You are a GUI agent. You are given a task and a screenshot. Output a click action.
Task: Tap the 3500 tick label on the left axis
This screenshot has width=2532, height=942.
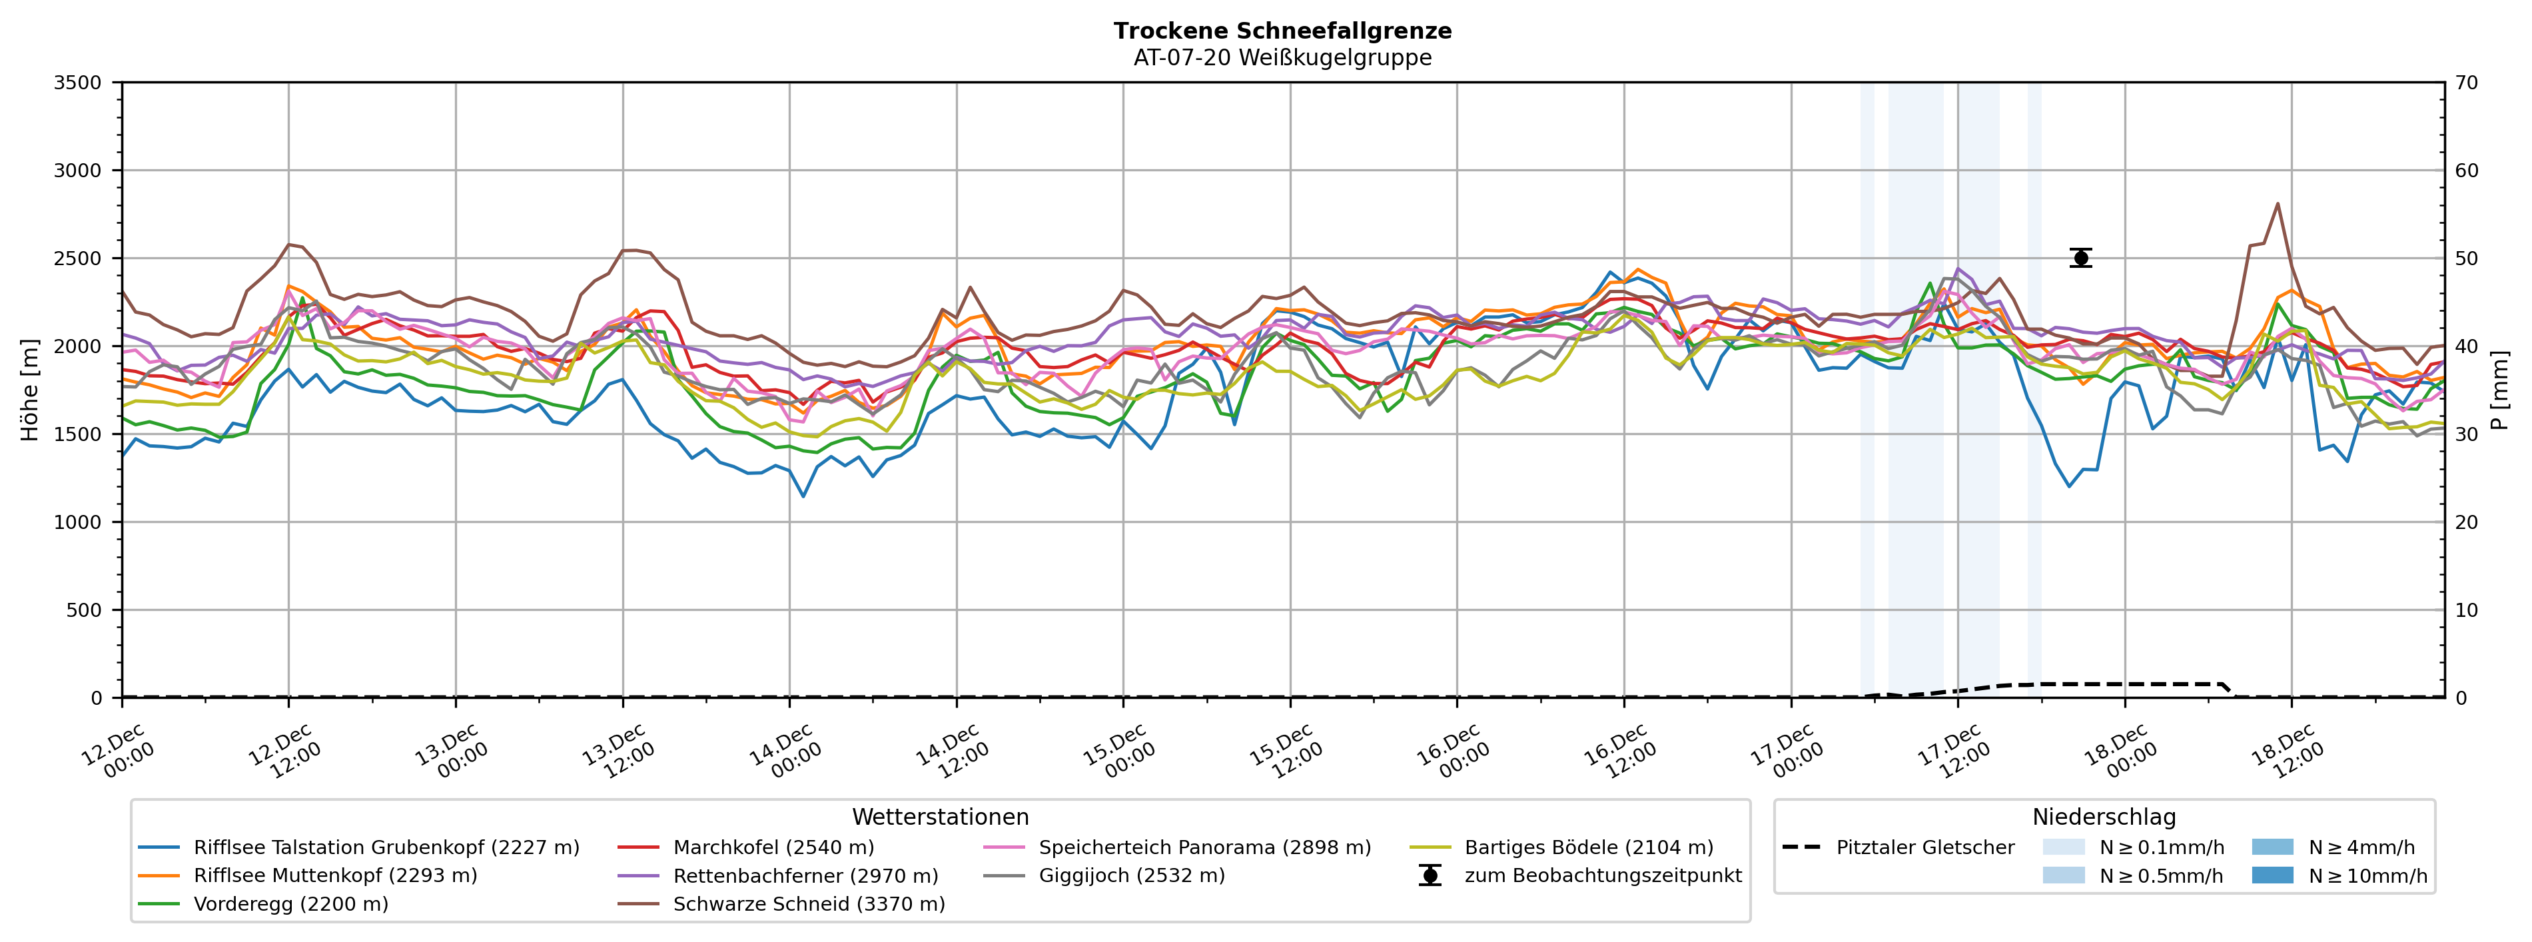click(77, 83)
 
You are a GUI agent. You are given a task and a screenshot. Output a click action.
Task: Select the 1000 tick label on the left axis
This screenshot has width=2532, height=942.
click(77, 522)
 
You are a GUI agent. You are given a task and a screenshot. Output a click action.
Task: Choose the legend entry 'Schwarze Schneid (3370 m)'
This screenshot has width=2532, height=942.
click(808, 903)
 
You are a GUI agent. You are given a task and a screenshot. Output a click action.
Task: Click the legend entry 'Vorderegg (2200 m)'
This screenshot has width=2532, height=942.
click(290, 903)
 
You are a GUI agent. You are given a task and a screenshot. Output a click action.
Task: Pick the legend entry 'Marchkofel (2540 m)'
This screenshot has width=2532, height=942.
click(773, 847)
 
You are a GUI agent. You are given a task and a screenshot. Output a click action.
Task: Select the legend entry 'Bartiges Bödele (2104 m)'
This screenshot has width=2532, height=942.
click(1588, 847)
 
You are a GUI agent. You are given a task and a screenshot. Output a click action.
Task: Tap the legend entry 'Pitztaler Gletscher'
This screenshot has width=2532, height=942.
click(1924, 847)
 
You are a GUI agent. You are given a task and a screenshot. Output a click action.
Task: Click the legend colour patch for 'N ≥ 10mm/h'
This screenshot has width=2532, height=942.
click(2272, 875)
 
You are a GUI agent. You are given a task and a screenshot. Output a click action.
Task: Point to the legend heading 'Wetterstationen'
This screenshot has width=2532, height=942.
click(940, 817)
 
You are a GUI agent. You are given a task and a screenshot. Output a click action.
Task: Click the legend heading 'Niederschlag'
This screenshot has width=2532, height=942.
click(2104, 817)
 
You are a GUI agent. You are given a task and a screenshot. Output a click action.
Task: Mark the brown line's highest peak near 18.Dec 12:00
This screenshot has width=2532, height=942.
click(2278, 204)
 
